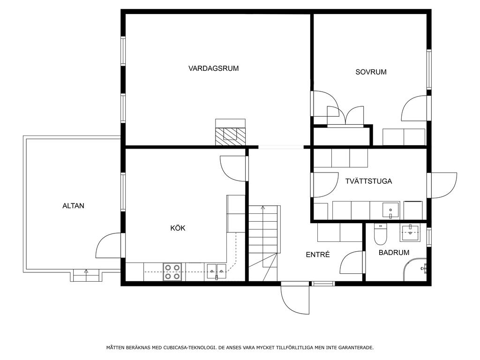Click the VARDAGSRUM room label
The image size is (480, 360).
(x=213, y=68)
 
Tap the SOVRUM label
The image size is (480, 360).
(x=371, y=72)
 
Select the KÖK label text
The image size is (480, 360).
(x=178, y=228)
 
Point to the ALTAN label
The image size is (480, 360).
(x=73, y=206)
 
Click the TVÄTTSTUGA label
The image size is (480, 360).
(x=368, y=181)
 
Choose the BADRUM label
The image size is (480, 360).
(x=394, y=253)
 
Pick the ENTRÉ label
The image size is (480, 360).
(x=318, y=255)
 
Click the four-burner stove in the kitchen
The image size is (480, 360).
(x=172, y=272)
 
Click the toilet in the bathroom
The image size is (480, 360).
(x=381, y=234)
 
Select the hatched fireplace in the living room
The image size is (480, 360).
(x=230, y=132)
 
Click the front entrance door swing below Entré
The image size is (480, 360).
(x=295, y=300)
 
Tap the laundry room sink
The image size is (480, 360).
(x=390, y=210)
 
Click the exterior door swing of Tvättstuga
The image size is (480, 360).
(x=444, y=186)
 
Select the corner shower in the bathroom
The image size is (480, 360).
(x=415, y=269)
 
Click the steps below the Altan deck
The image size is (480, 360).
(x=86, y=275)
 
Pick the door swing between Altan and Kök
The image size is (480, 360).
(x=108, y=246)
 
